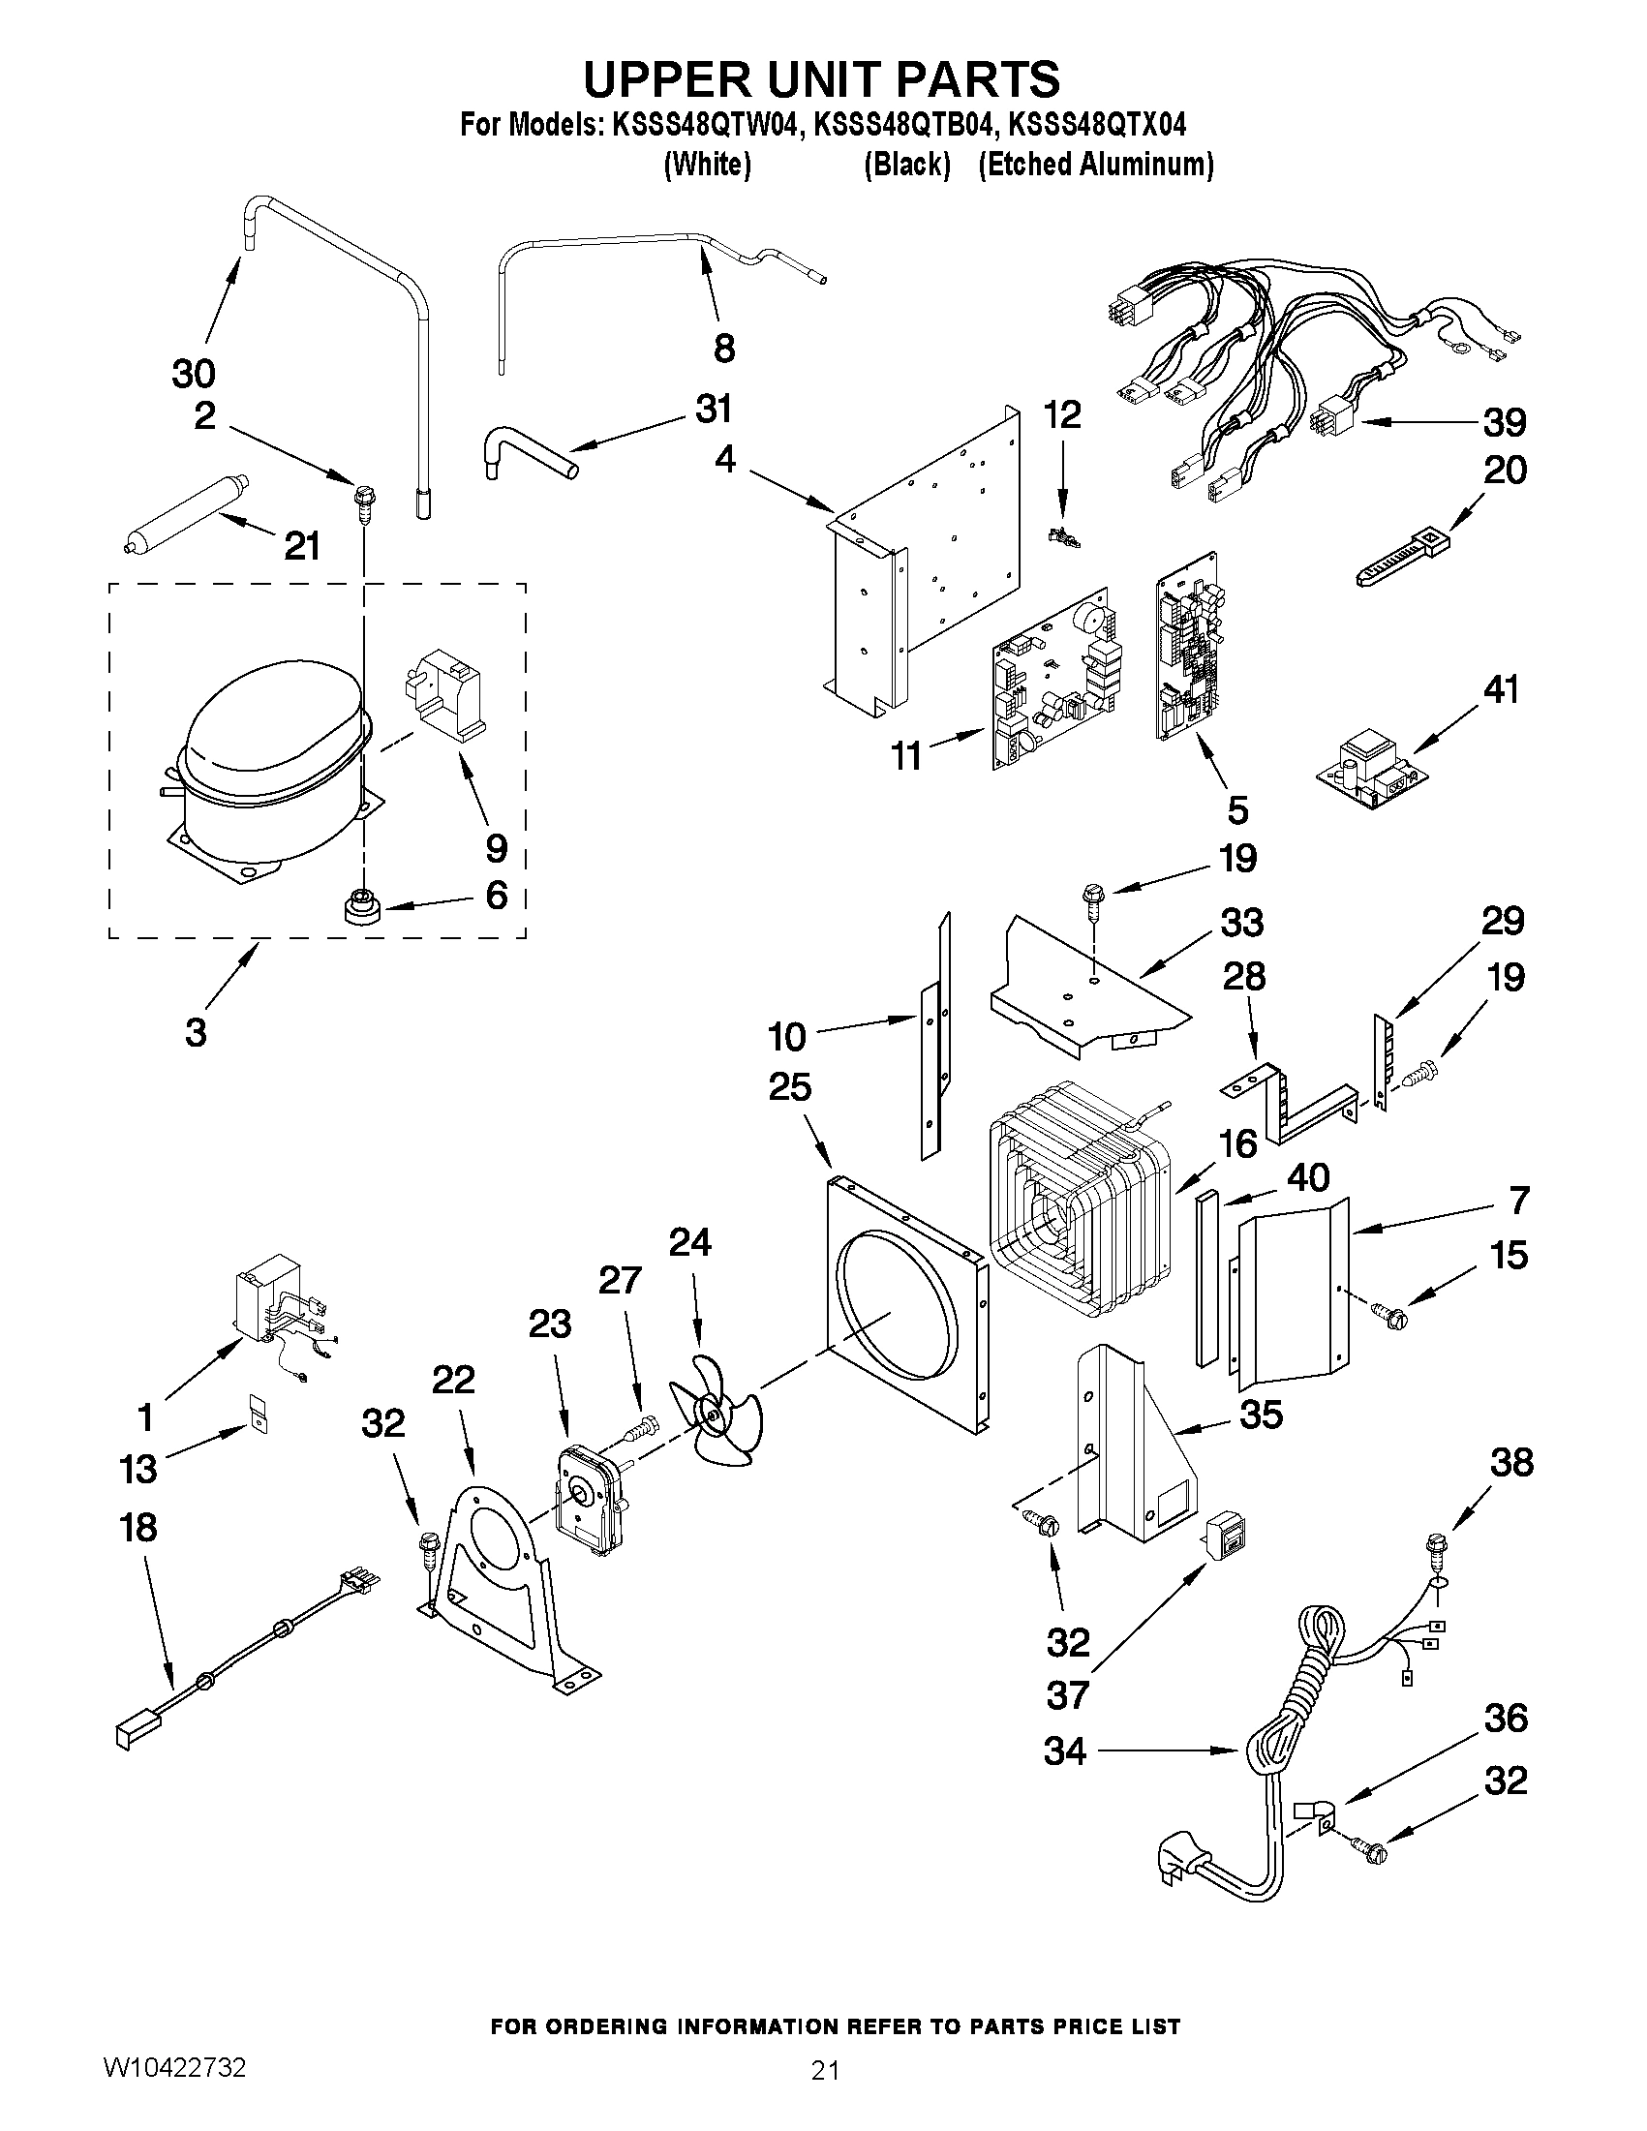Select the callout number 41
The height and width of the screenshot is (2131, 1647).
(1501, 690)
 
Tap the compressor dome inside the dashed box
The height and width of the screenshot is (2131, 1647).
(273, 722)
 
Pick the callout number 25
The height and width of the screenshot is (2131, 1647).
(789, 1086)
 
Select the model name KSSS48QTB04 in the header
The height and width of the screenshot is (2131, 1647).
(906, 125)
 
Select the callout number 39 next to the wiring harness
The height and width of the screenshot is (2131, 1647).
(1504, 422)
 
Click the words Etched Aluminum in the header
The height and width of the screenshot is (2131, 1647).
(1096, 165)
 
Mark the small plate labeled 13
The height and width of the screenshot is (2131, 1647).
(258, 1412)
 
